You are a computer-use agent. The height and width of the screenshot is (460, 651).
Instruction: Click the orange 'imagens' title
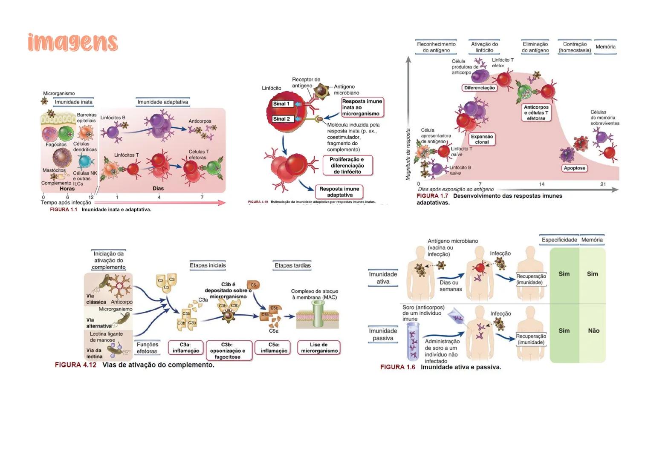click(72, 43)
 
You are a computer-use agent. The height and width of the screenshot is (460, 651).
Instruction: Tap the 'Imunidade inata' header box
click(73, 102)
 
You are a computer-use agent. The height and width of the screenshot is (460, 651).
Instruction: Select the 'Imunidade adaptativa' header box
click(162, 102)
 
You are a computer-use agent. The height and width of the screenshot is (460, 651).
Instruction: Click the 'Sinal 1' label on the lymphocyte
click(281, 104)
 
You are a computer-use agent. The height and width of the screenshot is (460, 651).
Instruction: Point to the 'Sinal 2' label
click(281, 119)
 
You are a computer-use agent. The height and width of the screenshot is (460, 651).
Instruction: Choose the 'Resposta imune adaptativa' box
click(339, 192)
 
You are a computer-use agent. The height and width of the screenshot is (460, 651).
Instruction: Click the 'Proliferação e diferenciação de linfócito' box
click(347, 166)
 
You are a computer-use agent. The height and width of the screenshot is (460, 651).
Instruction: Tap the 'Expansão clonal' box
click(482, 139)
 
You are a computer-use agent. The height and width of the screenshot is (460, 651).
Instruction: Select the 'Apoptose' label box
click(574, 168)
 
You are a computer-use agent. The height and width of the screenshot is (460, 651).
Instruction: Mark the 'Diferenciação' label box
click(480, 88)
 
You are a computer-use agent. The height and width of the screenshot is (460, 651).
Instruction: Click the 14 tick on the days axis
click(541, 184)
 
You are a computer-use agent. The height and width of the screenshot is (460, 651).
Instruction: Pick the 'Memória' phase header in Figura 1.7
click(605, 47)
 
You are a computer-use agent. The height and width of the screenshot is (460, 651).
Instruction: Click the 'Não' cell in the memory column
click(593, 331)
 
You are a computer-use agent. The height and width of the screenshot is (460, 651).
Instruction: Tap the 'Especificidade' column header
click(559, 240)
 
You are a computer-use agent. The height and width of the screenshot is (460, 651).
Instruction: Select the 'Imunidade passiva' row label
click(383, 334)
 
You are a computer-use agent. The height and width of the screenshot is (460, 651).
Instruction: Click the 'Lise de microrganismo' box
click(319, 348)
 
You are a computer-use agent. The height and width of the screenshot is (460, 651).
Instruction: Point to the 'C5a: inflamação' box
click(274, 348)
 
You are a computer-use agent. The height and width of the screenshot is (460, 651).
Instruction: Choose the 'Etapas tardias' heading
click(292, 265)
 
